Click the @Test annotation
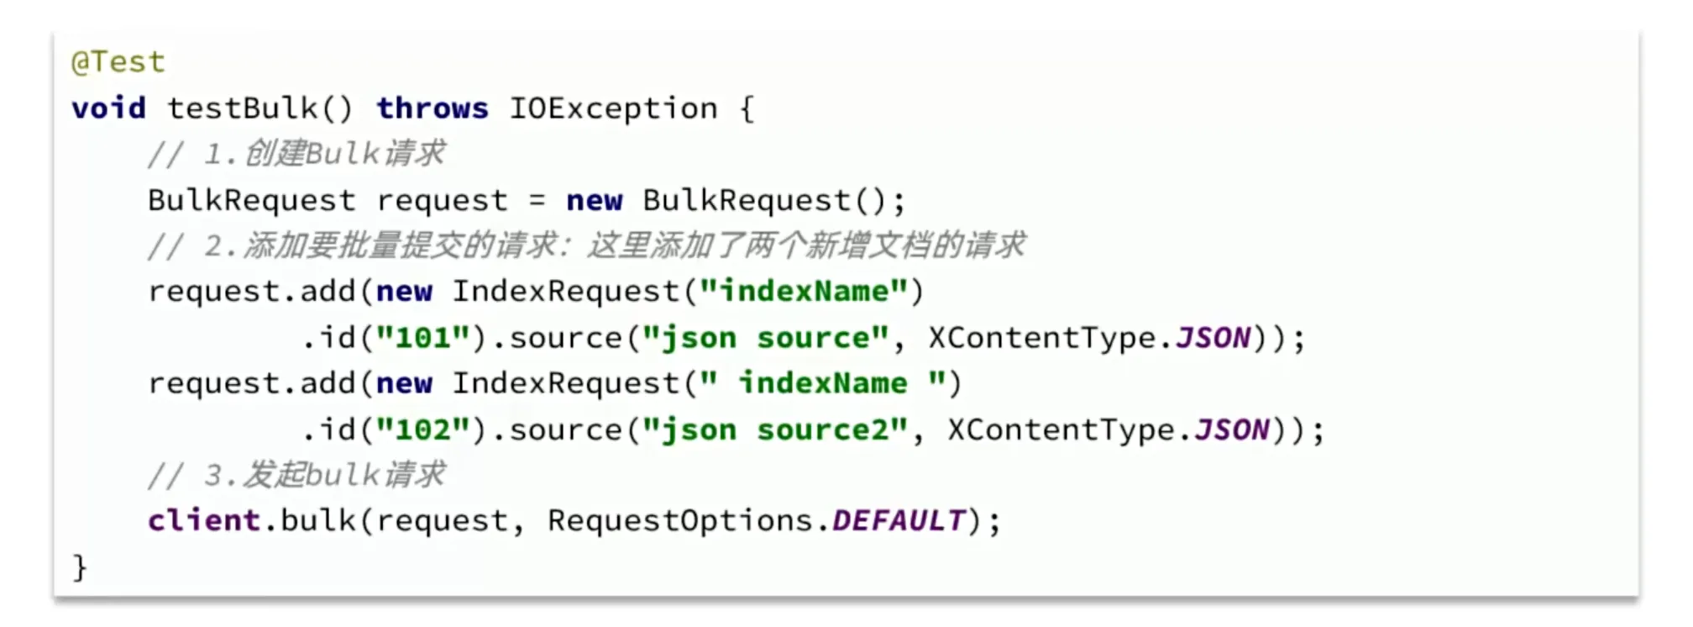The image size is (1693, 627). click(118, 62)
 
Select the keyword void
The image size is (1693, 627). click(108, 108)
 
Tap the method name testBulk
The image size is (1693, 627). click(243, 108)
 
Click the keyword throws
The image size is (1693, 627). click(432, 108)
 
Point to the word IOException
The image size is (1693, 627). click(613, 108)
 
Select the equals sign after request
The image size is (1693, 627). click(537, 201)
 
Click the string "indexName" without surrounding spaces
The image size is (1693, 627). click(805, 292)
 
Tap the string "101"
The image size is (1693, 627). click(422, 338)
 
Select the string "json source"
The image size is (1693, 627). click(765, 338)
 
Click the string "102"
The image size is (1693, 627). click(422, 430)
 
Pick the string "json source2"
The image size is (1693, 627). click(774, 430)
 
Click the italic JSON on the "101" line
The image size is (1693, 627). click(1213, 338)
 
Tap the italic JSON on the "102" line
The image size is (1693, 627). click(1232, 430)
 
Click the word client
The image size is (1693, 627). click(204, 521)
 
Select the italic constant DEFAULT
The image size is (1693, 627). click(899, 521)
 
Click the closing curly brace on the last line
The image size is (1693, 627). click(80, 567)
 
